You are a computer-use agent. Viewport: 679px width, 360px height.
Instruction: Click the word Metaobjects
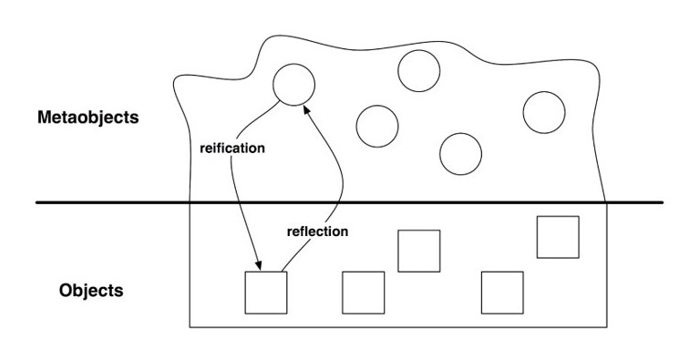(x=87, y=118)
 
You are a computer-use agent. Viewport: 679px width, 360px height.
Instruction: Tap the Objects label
(x=91, y=293)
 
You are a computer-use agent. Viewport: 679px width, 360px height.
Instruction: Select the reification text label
(x=231, y=148)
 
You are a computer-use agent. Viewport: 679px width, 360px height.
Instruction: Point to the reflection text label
(x=317, y=231)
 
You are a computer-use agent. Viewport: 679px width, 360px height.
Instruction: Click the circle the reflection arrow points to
(x=293, y=85)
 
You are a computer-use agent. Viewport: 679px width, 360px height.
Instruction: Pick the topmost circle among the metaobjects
(x=418, y=69)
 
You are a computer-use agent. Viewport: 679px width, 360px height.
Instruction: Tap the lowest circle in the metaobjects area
(x=460, y=152)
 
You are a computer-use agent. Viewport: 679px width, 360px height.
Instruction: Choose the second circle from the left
(x=376, y=126)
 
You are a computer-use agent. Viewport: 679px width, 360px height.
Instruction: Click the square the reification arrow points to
(x=266, y=292)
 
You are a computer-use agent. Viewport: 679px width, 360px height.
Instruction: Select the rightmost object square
(x=558, y=237)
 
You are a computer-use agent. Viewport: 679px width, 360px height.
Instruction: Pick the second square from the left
(x=363, y=292)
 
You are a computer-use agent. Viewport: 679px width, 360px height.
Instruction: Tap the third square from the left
(x=419, y=251)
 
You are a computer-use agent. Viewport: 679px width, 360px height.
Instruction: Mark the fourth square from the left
(x=502, y=292)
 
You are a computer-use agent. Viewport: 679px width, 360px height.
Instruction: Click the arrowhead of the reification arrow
(x=259, y=266)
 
